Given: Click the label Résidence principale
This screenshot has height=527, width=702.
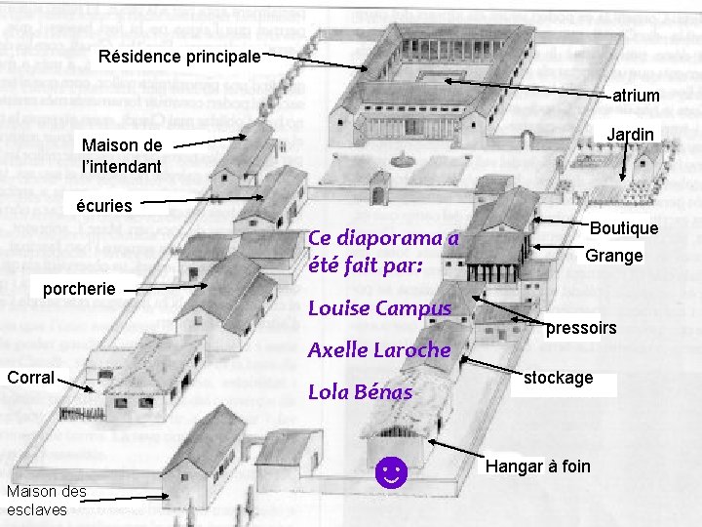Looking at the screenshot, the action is [179, 57].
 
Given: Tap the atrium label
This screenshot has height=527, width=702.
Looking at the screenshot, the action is [636, 96].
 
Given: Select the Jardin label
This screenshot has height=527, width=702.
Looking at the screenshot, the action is [631, 134].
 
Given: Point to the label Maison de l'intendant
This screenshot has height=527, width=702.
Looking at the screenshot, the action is [122, 156].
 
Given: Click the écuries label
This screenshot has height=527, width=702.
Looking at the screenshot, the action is [106, 206].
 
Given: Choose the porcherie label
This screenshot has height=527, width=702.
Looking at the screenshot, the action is [81, 288].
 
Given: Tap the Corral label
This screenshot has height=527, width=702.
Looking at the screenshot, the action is [30, 377].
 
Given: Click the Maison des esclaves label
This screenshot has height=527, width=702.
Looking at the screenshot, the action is [46, 500].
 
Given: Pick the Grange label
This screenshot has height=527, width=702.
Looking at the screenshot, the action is [613, 256].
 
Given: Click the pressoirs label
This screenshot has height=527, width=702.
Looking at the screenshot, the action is [581, 328].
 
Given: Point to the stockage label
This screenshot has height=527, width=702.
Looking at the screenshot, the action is [559, 378].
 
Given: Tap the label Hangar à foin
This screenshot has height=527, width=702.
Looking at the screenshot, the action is [538, 466].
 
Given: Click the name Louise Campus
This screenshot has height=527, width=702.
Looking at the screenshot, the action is [379, 308].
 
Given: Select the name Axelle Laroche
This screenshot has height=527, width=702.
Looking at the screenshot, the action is [379, 349].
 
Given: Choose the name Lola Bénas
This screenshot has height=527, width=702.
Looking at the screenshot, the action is [360, 392].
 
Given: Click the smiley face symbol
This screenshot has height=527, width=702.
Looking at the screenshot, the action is [390, 475].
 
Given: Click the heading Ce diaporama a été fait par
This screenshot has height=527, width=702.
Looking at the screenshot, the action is [382, 251].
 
